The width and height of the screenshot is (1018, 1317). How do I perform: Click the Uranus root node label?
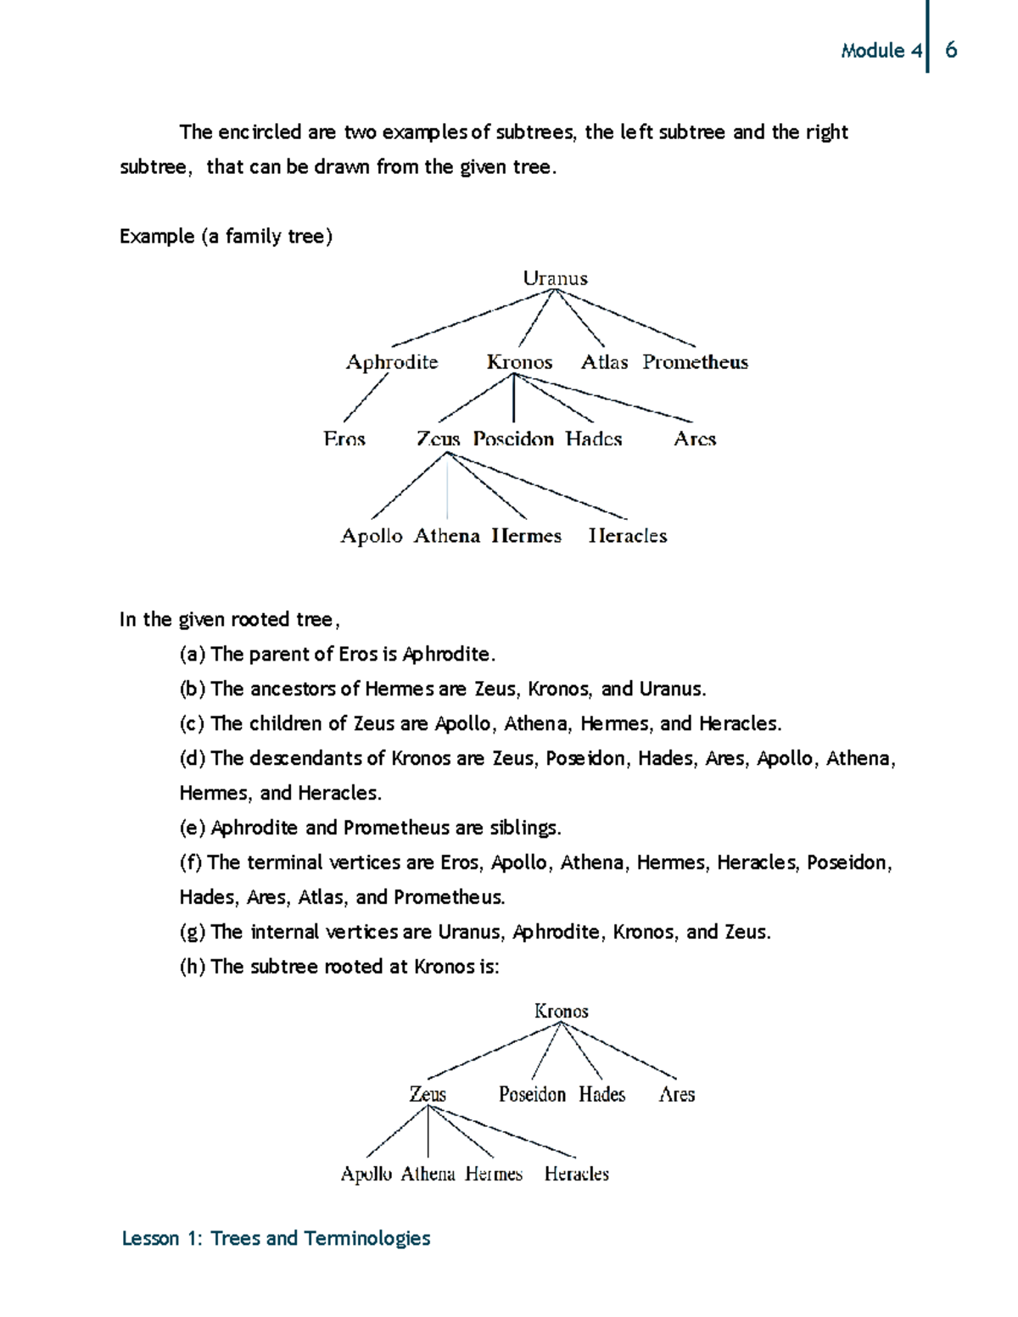[x=555, y=278]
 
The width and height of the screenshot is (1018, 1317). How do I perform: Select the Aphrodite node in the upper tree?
[x=392, y=362]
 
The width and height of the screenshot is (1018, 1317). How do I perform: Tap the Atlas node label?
[x=604, y=362]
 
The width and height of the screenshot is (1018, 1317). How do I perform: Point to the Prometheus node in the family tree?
[x=695, y=362]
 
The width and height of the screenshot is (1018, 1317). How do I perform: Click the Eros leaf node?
[x=344, y=439]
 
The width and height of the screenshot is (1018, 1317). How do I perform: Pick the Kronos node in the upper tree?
[x=519, y=362]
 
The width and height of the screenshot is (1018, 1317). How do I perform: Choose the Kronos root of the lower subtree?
[x=561, y=1011]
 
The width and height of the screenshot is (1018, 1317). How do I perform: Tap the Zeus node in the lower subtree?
[x=428, y=1094]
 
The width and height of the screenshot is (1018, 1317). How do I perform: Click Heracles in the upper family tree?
[x=628, y=536]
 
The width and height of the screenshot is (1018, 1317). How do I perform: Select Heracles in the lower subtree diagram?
[x=577, y=1174]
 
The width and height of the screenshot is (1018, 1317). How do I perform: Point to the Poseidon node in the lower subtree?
[x=532, y=1094]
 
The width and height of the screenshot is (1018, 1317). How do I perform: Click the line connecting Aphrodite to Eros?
[x=366, y=398]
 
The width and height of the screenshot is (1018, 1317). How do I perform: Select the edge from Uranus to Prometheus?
[x=625, y=318]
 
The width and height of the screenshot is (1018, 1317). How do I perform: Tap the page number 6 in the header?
[x=951, y=50]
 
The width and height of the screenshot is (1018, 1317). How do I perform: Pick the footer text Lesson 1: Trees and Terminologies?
[x=276, y=1238]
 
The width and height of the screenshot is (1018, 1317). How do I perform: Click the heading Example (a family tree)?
[x=226, y=236]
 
